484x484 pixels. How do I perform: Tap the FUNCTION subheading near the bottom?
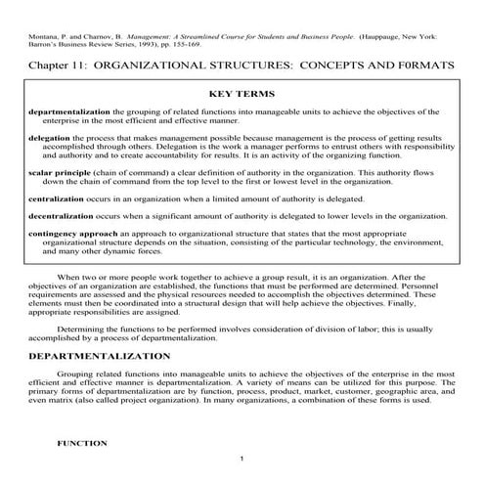(82, 443)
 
